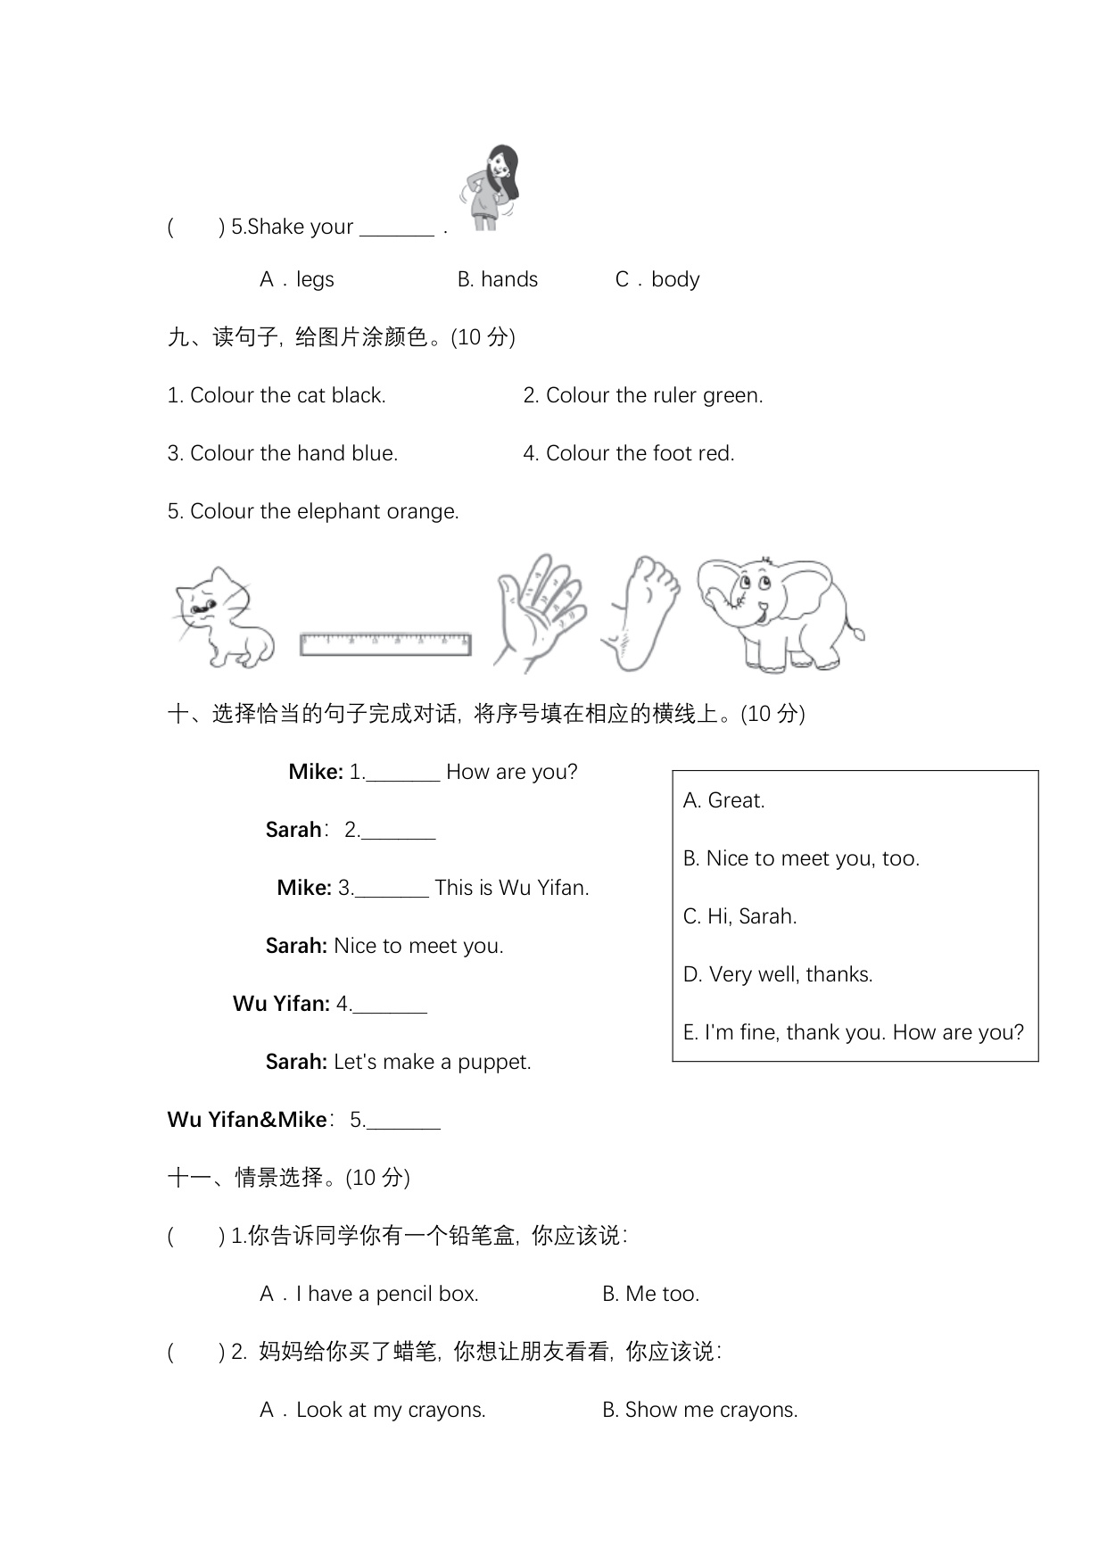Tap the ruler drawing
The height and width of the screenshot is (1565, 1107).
[385, 643]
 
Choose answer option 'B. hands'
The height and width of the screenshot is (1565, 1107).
[497, 279]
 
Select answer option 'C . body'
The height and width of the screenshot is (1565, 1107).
[657, 279]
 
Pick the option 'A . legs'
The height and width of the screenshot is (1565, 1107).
[297, 279]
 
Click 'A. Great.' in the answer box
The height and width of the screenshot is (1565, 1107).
[723, 800]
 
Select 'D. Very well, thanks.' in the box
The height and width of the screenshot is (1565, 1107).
[777, 974]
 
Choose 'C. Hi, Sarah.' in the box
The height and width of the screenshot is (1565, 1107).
[739, 916]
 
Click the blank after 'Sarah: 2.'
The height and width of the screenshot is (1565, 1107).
[399, 832]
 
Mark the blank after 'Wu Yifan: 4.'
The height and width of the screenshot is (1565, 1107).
[390, 1006]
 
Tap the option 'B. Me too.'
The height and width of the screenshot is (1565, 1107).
[650, 1294]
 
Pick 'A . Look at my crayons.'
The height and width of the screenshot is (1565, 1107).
[373, 1410]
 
